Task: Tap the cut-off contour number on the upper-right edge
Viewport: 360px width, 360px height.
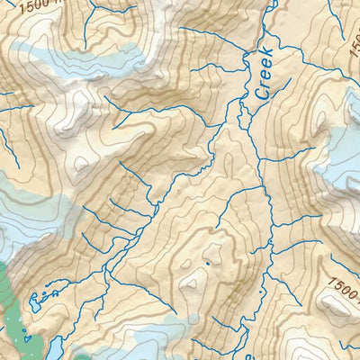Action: click(352, 58)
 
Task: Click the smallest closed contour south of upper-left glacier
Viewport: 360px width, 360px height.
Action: click(84, 163)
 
